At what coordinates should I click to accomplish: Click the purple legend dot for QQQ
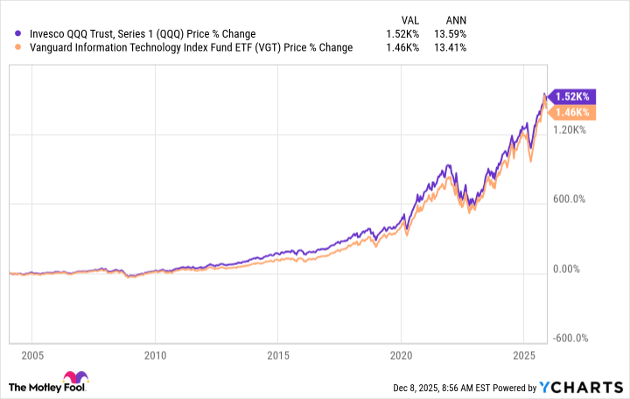point(19,34)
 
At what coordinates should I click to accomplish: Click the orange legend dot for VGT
point(19,47)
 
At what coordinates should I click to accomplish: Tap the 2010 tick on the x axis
point(155,355)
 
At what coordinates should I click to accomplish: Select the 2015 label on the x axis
point(277,355)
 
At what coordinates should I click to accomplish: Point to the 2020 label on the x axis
point(400,355)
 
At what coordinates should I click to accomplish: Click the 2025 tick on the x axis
point(522,355)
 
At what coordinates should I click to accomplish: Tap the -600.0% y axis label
point(570,339)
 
